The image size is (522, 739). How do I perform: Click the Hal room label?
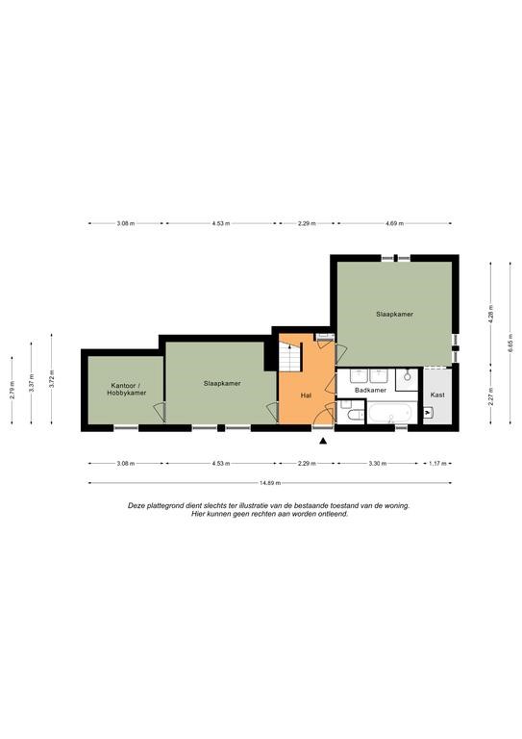point(306,395)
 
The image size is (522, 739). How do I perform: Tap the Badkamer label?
point(370,391)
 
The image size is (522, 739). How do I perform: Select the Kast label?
point(437,395)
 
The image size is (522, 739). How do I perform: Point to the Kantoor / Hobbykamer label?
point(126,389)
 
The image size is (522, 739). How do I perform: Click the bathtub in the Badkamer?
point(390,414)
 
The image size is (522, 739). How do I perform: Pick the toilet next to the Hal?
point(355,415)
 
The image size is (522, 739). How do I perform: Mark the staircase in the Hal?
point(290,356)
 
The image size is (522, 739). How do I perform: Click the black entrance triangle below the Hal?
point(323,441)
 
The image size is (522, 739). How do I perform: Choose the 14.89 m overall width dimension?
point(270,483)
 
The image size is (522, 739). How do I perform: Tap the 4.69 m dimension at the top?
point(394,223)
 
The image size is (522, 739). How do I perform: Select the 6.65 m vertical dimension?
point(510,343)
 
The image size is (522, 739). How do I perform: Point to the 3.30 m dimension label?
point(378,463)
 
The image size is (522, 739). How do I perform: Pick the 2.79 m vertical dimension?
point(12,391)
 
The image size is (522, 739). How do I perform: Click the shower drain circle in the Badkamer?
point(408,377)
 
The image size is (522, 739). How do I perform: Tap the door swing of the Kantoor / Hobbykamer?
point(160,412)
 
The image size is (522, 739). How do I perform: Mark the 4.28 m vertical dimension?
point(490,313)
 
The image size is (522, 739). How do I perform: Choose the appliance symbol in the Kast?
point(428,413)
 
